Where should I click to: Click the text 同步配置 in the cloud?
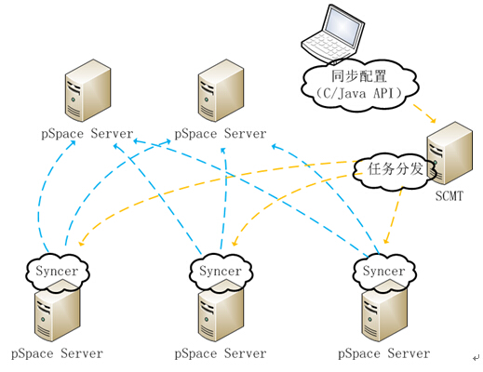(x=359, y=76)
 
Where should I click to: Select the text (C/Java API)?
(x=359, y=93)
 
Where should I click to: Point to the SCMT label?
(x=449, y=196)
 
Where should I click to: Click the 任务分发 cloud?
(x=395, y=170)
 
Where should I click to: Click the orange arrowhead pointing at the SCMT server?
(x=433, y=120)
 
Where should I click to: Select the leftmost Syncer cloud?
(x=58, y=272)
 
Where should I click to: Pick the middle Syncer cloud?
(x=221, y=272)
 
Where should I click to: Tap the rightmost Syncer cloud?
(x=384, y=272)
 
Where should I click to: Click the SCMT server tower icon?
(x=449, y=153)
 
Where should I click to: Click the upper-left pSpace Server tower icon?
(x=88, y=90)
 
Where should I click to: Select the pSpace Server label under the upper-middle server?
(x=221, y=134)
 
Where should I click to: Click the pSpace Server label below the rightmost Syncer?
(x=384, y=353)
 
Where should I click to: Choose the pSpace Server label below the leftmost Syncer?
(x=57, y=353)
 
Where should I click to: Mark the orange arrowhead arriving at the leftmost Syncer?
(x=82, y=244)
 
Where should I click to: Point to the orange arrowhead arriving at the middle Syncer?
(x=235, y=242)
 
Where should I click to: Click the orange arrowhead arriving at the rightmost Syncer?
(x=386, y=240)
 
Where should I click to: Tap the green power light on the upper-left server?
(x=74, y=100)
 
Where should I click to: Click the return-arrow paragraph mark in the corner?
(x=476, y=358)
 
